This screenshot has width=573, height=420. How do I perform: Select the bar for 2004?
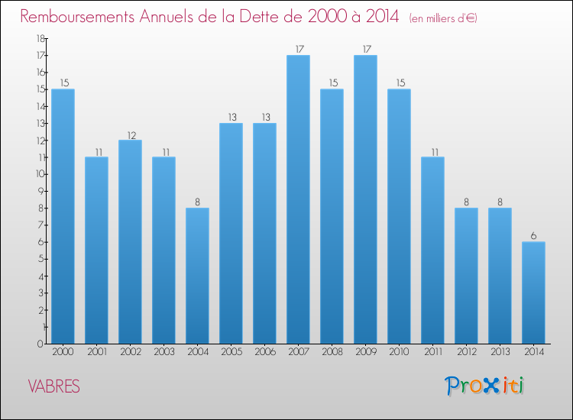(197, 276)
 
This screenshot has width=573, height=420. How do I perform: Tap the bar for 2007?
(298, 199)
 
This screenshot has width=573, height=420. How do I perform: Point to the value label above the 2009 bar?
(365, 49)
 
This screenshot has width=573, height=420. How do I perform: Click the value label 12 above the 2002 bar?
(130, 134)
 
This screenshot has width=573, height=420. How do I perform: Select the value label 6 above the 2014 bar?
(533, 236)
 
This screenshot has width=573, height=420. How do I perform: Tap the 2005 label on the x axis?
(231, 352)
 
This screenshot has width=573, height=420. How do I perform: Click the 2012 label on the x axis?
(466, 352)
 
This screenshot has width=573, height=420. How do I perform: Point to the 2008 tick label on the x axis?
(332, 352)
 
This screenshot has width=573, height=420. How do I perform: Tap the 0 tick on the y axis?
(39, 344)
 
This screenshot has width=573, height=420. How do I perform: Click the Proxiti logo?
(485, 386)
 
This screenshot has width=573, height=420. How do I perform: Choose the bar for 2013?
(500, 276)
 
